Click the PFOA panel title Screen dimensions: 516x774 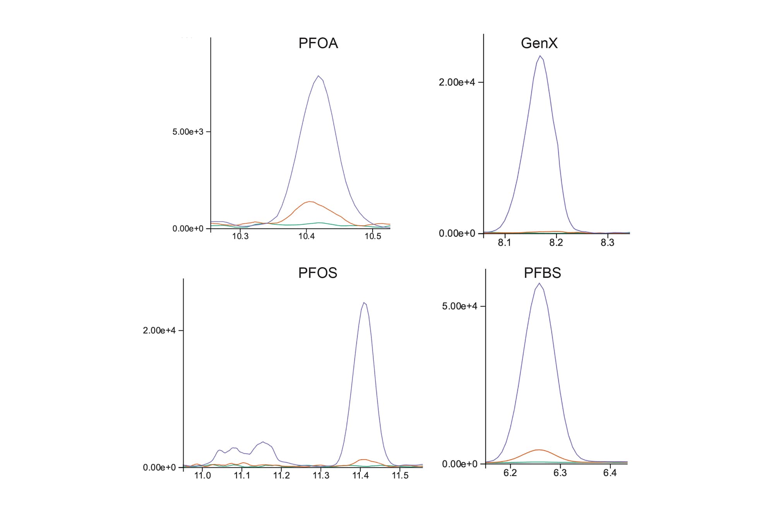pos(318,43)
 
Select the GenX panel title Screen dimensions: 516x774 pos(539,43)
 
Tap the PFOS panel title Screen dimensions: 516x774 pos(317,273)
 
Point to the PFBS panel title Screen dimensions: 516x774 pos(542,273)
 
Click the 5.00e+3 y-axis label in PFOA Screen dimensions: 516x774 pos(188,132)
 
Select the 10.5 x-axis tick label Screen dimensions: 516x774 pos(373,236)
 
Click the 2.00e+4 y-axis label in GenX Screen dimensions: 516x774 pos(457,82)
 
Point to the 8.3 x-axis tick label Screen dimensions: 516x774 pos(608,243)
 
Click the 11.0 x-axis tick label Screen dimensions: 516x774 pos(202,475)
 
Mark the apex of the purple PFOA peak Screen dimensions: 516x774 pos(318,76)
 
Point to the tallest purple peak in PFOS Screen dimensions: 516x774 pos(364,303)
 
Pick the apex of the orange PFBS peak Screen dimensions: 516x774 pos(539,450)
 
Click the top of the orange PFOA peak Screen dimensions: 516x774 pos(310,202)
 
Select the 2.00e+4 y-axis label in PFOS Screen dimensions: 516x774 pos(159,331)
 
